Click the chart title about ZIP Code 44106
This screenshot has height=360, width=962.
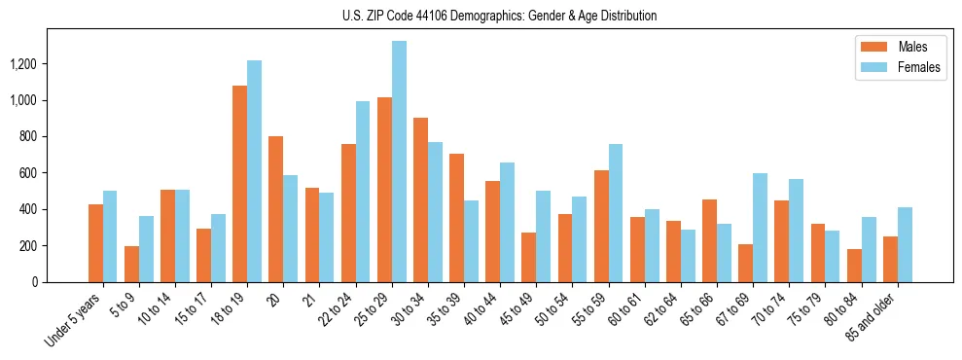pos(499,16)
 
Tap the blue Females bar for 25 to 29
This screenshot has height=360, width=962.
pos(399,162)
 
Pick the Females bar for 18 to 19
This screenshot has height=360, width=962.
pos(254,171)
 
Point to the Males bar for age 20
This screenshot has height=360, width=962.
pos(275,209)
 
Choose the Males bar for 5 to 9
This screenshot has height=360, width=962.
pos(131,264)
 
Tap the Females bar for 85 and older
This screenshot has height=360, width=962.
pos(904,244)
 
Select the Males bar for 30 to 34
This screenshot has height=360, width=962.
pos(420,199)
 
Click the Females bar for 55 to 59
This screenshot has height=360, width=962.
pos(615,213)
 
